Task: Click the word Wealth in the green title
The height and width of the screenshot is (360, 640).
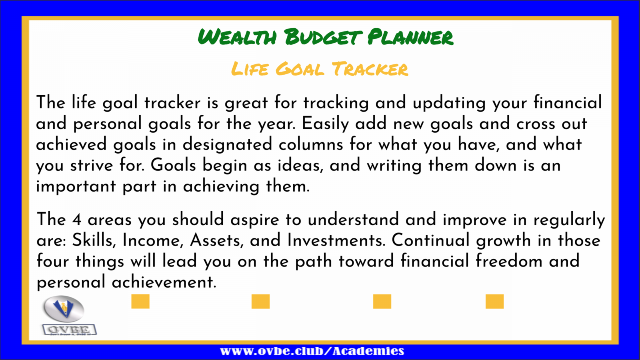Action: click(238, 37)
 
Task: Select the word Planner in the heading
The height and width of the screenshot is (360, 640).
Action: click(410, 37)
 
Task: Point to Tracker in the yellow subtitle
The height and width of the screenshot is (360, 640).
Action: click(370, 69)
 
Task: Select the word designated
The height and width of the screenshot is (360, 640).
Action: click(227, 144)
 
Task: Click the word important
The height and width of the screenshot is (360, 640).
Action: click(76, 187)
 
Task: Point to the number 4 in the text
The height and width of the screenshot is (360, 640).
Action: click(77, 220)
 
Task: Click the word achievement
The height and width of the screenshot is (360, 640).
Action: click(164, 282)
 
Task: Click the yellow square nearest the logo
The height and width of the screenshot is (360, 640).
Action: click(140, 302)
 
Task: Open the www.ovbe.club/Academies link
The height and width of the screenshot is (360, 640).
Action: click(312, 351)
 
